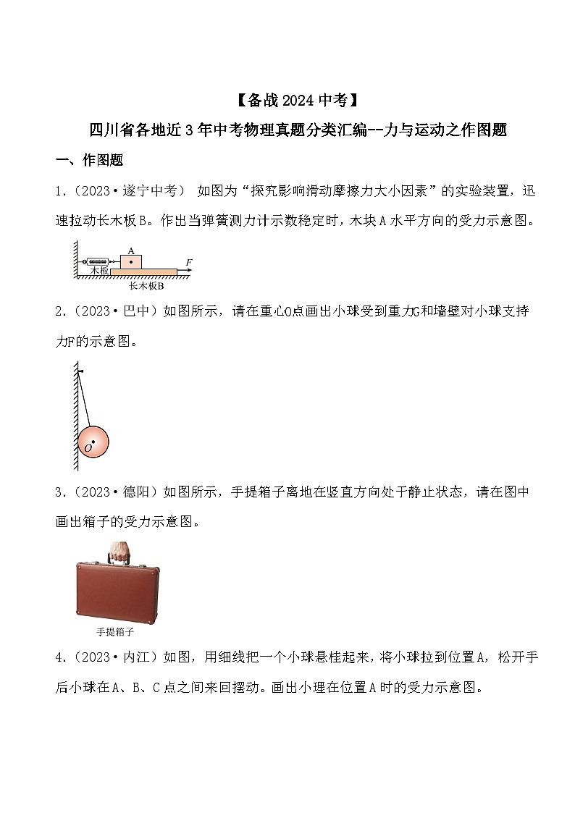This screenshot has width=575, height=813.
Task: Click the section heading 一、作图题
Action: [89, 160]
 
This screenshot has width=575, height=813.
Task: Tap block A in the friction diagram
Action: [130, 262]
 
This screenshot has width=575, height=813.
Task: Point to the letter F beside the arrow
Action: [189, 262]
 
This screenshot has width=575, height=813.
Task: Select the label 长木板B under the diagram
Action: [147, 285]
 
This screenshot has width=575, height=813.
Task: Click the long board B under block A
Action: [143, 271]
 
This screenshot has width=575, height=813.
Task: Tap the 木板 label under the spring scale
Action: [99, 270]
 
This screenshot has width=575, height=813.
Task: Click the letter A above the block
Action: [130, 251]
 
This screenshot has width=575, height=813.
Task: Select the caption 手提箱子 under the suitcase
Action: [115, 631]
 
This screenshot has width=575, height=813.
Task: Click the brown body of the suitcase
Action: [118, 593]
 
